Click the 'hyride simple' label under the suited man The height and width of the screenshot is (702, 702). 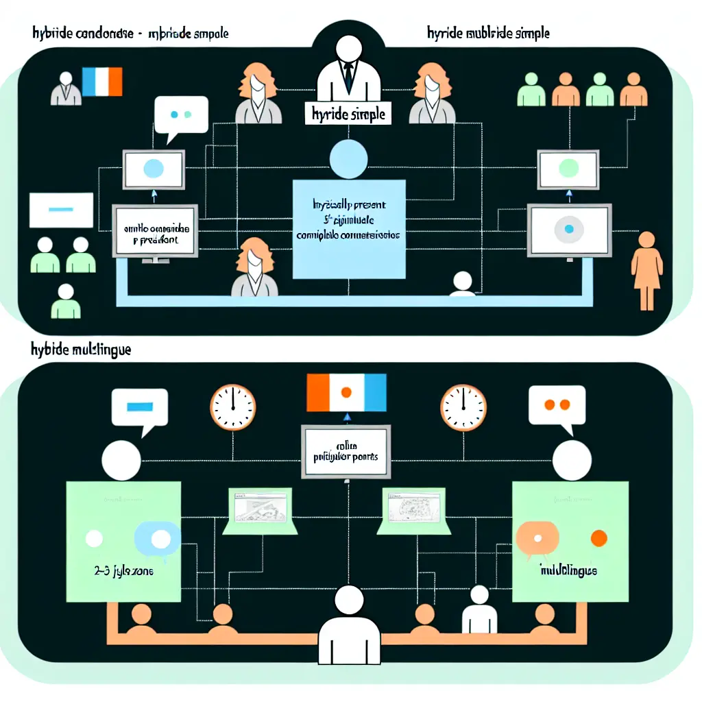coord(348,115)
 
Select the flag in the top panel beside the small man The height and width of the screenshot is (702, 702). coord(101,82)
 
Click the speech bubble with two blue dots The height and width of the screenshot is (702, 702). coord(180,114)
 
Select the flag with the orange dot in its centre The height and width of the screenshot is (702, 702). coord(346,392)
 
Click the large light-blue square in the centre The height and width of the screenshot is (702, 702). coord(348,229)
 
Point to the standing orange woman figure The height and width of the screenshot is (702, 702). coord(646,269)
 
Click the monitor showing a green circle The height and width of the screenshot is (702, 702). coord(569,169)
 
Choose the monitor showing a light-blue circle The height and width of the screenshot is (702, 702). coord(154,169)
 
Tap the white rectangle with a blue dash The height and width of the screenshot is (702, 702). coord(61,209)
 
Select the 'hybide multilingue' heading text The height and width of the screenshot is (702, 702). coord(81,349)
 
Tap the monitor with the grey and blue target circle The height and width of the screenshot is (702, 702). coord(568,231)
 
